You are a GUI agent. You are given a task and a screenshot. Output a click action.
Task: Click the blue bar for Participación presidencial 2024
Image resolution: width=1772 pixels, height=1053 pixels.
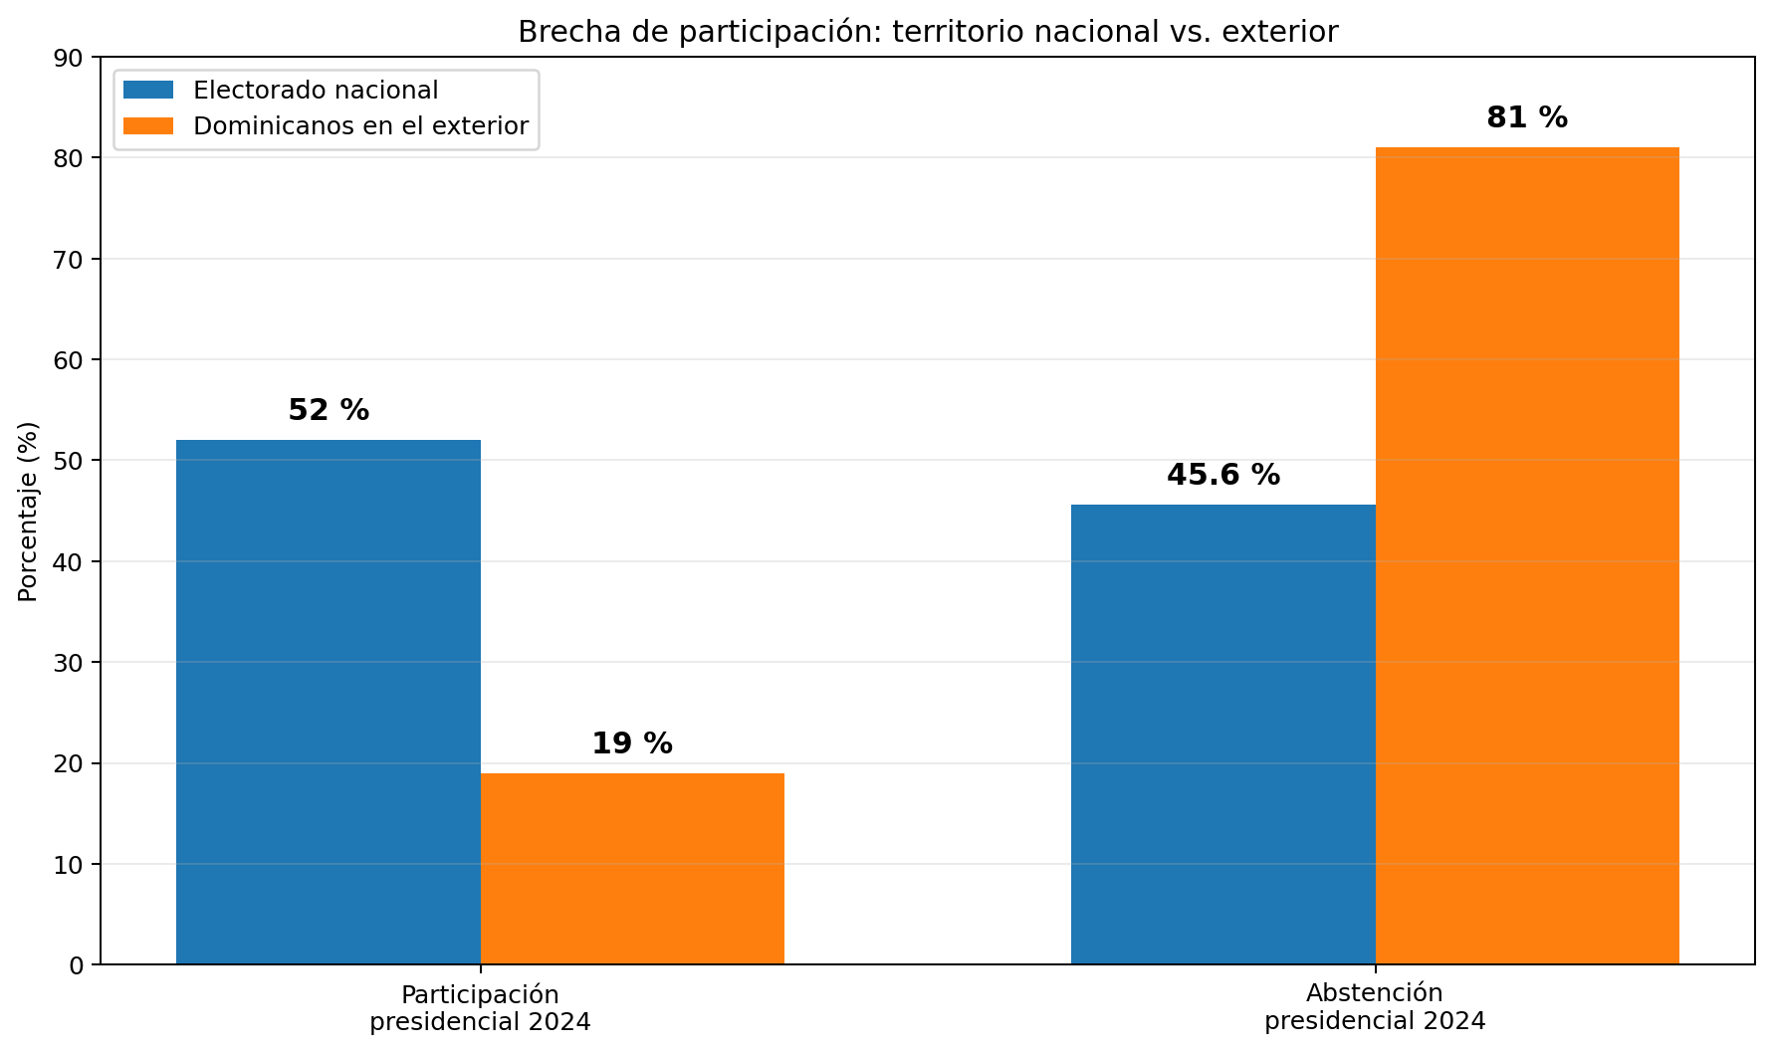coord(329,702)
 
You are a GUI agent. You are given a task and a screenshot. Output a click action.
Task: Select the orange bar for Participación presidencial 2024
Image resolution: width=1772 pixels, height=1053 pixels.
coord(632,869)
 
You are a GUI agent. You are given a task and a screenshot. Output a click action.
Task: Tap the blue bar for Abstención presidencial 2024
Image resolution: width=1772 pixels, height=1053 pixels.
coord(1223,735)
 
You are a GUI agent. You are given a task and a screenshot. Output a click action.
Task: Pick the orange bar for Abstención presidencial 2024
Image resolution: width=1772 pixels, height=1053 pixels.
coord(1527,555)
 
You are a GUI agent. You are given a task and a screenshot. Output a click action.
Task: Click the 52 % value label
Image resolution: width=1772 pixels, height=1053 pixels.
coord(329,410)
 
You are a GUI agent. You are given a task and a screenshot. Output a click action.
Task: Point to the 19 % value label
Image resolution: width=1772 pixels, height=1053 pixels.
coord(632,743)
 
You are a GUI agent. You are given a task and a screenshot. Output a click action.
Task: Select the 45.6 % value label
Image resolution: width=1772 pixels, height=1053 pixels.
coord(1223,475)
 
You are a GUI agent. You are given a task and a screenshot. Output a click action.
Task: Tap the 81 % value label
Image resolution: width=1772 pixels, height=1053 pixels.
coord(1527,117)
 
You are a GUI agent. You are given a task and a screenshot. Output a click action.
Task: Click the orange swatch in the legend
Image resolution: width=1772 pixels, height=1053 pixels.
coord(148,126)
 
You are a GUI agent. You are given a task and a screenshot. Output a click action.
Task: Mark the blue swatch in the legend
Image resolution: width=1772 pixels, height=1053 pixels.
coord(148,91)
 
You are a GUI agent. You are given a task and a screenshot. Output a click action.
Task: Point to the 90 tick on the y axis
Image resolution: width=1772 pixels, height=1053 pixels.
coord(72,58)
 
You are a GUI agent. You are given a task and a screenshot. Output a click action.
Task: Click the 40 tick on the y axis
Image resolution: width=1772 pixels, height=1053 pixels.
coord(72,561)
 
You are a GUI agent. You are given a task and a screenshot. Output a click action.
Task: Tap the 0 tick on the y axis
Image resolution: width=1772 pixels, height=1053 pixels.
coord(79,964)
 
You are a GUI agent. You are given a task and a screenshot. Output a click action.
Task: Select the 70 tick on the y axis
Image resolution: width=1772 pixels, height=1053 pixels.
coord(72,259)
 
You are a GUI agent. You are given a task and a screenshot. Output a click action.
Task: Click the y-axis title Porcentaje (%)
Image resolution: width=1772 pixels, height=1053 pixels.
coord(28,512)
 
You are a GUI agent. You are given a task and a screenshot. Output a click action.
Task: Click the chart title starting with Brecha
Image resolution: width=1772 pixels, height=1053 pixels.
coord(928,32)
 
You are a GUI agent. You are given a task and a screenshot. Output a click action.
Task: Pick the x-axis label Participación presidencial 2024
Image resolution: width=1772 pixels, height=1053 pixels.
coord(481,1008)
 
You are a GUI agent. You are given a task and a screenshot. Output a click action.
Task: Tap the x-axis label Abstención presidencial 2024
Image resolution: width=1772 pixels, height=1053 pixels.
coord(1375,1007)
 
